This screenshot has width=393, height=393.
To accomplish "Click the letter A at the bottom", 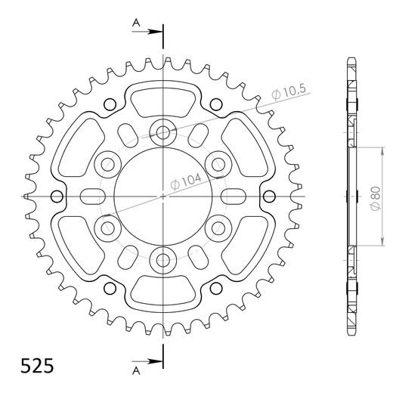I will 136,372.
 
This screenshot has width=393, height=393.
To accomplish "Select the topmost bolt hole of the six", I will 162,132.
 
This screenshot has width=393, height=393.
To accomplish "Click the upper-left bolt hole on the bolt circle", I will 107,163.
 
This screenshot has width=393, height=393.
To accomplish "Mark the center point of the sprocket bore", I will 162,196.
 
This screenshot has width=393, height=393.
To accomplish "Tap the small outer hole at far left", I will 55,196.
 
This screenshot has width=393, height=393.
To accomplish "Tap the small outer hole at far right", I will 270,196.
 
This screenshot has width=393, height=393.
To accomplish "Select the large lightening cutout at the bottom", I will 162,291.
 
